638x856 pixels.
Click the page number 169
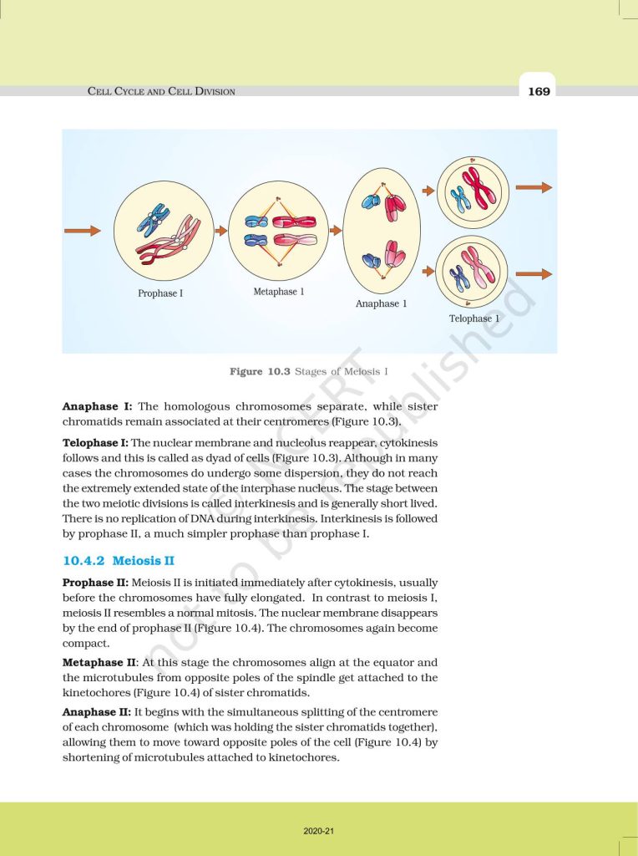[539, 91]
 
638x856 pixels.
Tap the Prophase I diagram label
[160, 293]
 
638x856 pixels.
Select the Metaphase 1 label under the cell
[278, 292]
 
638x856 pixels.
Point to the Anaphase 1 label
[381, 303]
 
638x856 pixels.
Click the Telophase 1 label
[474, 318]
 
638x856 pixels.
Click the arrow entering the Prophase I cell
[83, 230]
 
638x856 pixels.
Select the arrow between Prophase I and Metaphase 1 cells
[218, 230]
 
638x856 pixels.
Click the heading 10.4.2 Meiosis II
[118, 561]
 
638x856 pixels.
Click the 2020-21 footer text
[319, 831]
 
